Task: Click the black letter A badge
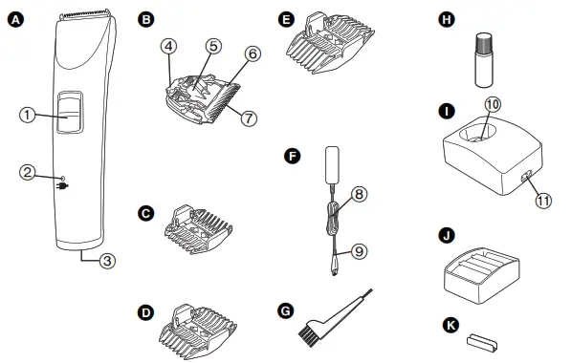pos(15,19)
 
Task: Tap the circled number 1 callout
pos(27,116)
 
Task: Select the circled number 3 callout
pos(107,261)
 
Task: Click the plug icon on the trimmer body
pos(62,186)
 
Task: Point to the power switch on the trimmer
pos(70,112)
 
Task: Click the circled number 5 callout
pos(213,46)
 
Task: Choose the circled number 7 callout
pos(249,118)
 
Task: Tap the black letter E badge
pos(286,19)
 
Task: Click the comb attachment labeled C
pos(199,229)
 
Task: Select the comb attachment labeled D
pos(197,331)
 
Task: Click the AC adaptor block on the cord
pos(332,165)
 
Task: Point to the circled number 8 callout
pos(360,194)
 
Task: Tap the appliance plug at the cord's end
pos(334,268)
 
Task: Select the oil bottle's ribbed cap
pos(484,42)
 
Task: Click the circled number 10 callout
pos(493,104)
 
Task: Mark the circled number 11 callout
pos(543,201)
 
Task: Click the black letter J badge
pos(447,235)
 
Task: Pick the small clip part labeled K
pos(482,342)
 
